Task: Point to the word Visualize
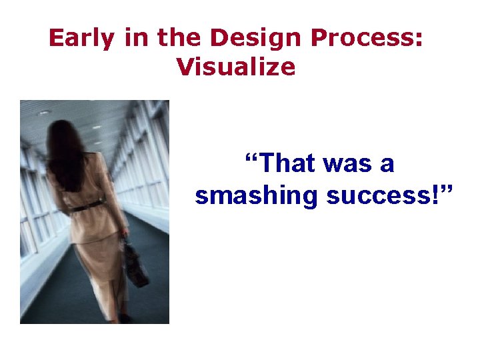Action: click(x=236, y=66)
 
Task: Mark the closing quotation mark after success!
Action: click(x=446, y=189)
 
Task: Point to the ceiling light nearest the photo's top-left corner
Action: click(x=44, y=113)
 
